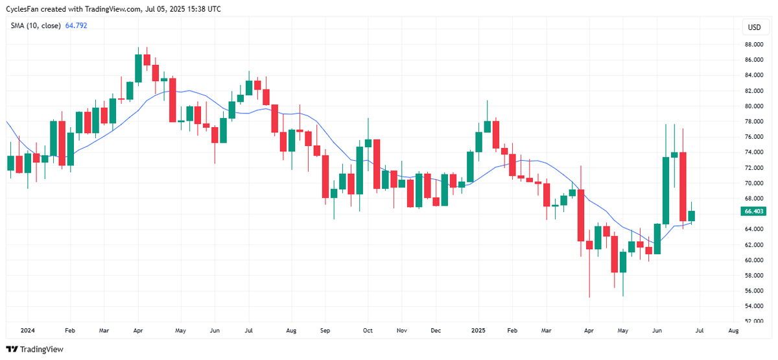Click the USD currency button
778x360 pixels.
tap(754, 27)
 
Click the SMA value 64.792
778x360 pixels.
tap(76, 26)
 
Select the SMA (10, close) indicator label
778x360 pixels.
tap(35, 26)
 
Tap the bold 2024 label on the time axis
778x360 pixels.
tap(28, 330)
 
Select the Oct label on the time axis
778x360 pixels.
tap(367, 330)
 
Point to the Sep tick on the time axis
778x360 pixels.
tap(325, 330)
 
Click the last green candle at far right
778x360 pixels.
tap(692, 216)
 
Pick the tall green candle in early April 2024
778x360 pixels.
tap(138, 69)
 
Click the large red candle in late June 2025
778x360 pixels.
tap(683, 187)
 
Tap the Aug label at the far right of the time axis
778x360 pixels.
tap(733, 330)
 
